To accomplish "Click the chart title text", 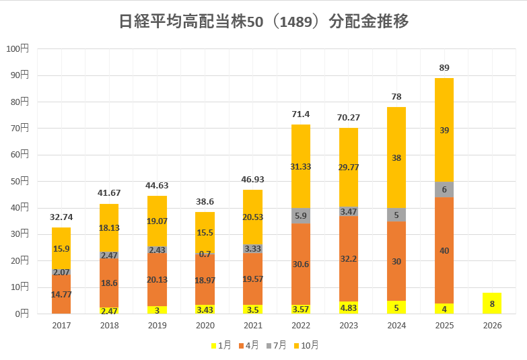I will pos(264,22).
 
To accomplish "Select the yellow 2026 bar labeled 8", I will pos(492,303).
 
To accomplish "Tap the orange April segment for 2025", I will pos(444,250).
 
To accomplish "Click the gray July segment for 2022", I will pos(301,216).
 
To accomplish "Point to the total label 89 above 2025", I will pos(444,67).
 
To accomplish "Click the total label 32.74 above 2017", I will pos(61,217).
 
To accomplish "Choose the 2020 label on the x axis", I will pos(205,326).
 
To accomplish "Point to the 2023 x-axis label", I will pos(349,326).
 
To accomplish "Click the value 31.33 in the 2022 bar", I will pos(301,167).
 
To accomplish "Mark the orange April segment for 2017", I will pos(61,293).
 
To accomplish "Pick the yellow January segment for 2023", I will pos(349,308).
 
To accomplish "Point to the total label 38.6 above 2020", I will pos(205,201).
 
